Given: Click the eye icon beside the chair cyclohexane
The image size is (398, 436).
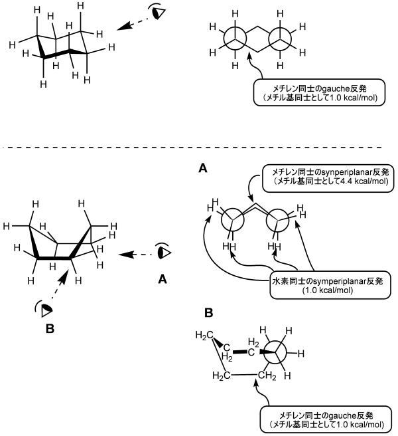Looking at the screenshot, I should click(x=158, y=12).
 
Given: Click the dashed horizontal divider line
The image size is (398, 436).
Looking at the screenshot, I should click(x=192, y=146).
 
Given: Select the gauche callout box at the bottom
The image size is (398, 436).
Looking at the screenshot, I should click(x=321, y=422).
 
